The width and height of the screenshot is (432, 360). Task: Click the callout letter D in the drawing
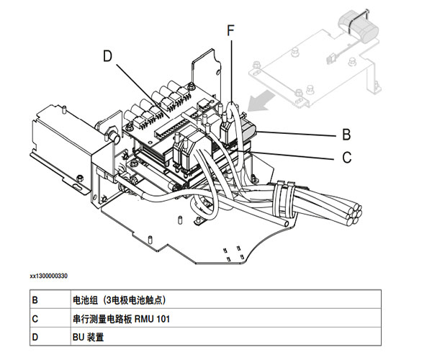(107, 56)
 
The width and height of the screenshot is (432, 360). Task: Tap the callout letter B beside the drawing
(346, 134)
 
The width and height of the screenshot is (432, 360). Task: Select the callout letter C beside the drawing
(346, 155)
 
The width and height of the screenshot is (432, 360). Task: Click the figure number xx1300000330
(59, 276)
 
